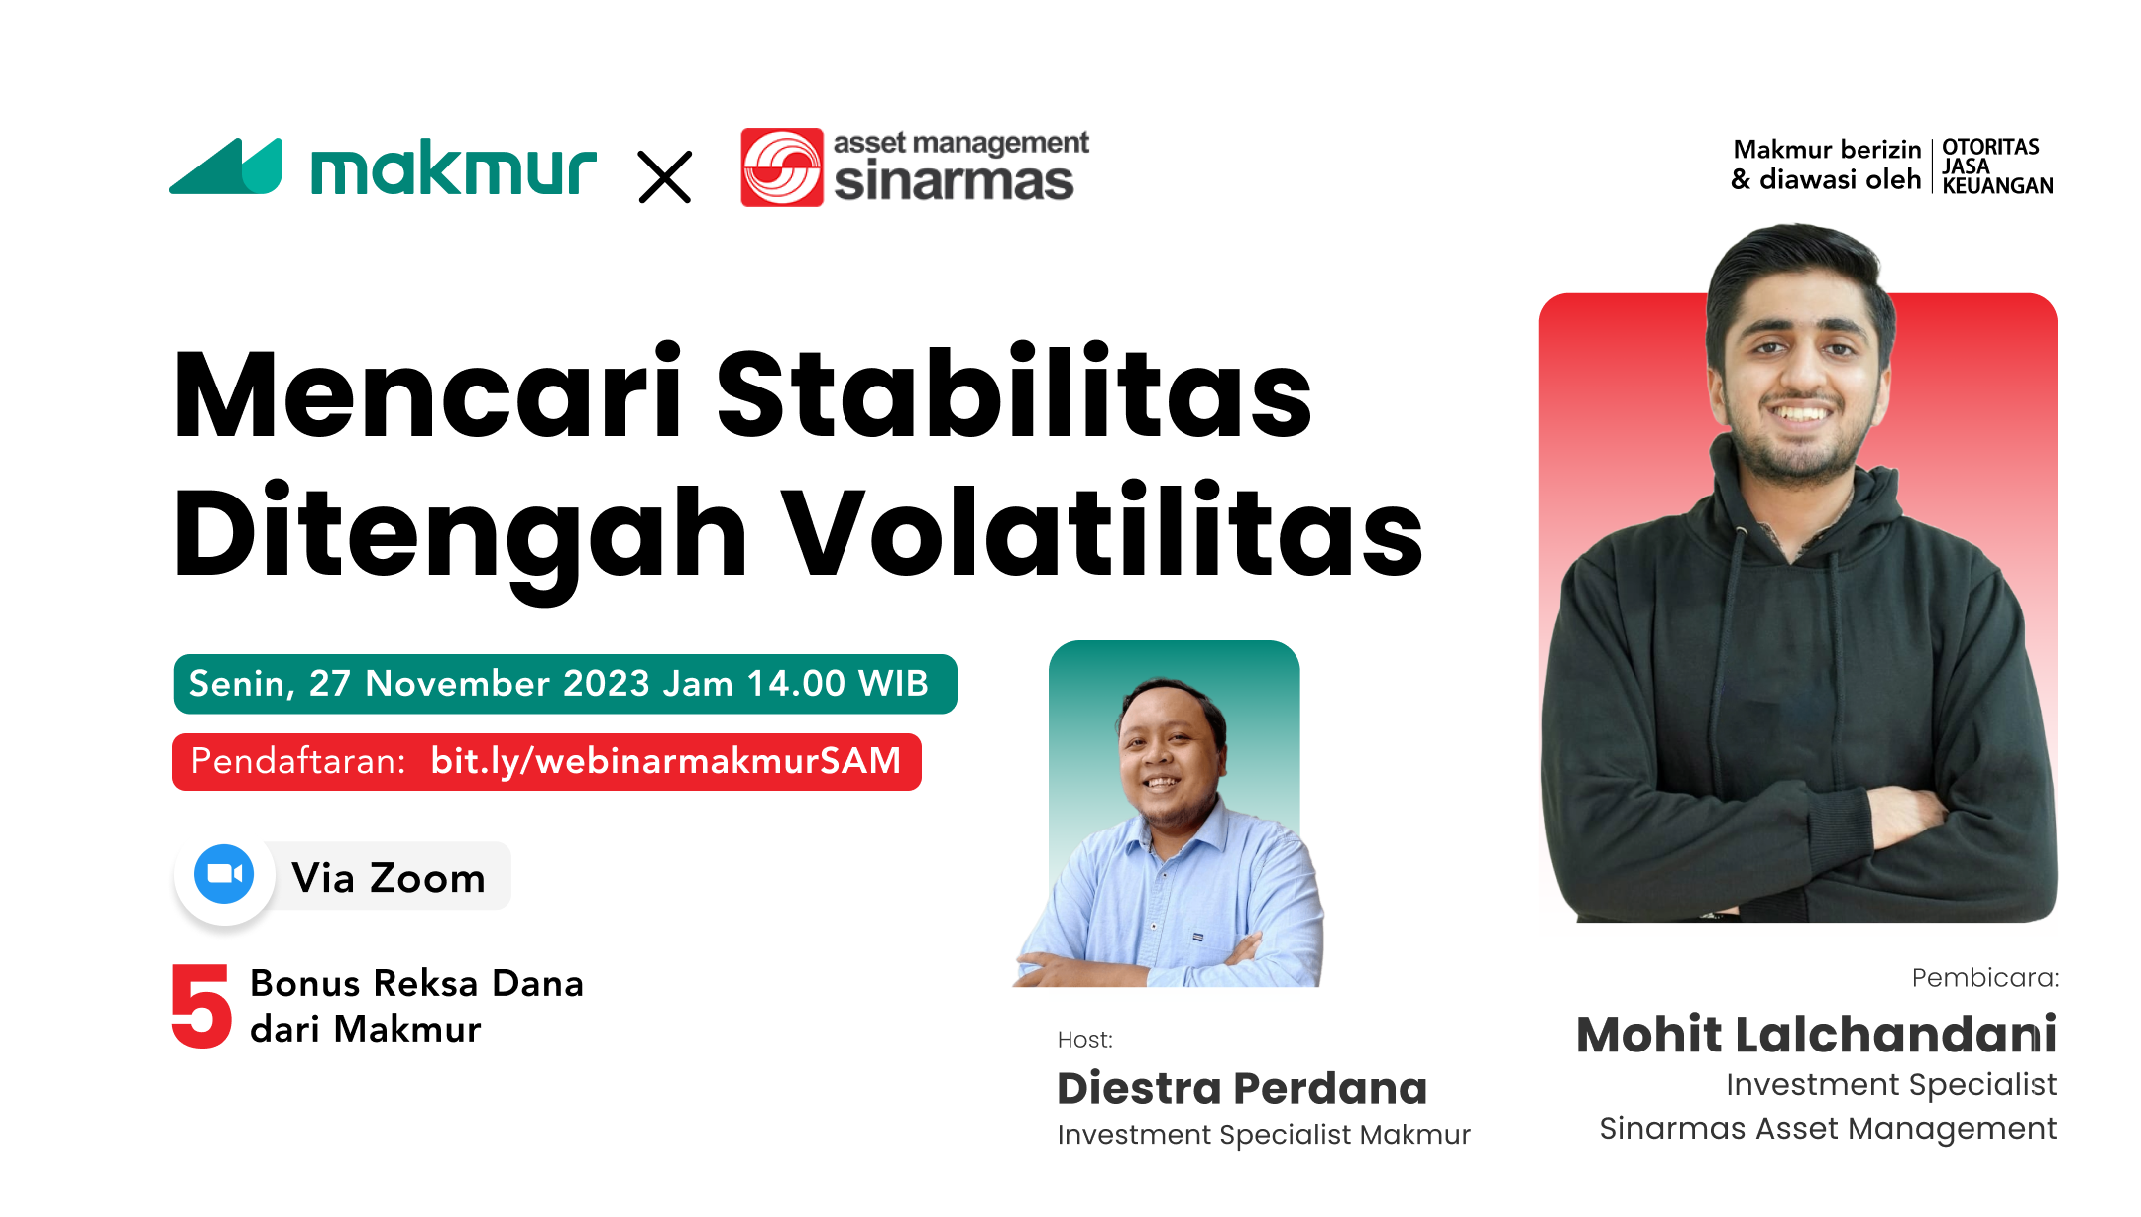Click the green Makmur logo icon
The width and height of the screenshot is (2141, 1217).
point(227,167)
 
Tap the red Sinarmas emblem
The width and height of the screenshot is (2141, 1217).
point(781,167)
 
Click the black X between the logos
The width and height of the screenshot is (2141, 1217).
point(665,176)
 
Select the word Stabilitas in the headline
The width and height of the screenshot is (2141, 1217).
point(1013,393)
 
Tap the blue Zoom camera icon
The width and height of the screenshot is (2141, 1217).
point(224,874)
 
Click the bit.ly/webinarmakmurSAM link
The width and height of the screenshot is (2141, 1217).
point(665,761)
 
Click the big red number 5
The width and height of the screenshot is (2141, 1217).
point(201,1006)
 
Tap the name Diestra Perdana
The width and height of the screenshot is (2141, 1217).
point(1242,1088)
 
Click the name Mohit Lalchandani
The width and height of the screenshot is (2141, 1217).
point(1816,1035)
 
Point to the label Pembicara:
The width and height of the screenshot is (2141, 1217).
point(1984,978)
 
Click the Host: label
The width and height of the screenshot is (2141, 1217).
point(1085,1040)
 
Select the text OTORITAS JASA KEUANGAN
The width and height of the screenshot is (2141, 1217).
point(1996,166)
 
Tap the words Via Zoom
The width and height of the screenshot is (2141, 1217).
point(389,878)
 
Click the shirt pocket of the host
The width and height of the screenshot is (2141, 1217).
point(1197,937)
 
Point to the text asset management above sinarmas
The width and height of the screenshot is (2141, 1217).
point(960,143)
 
